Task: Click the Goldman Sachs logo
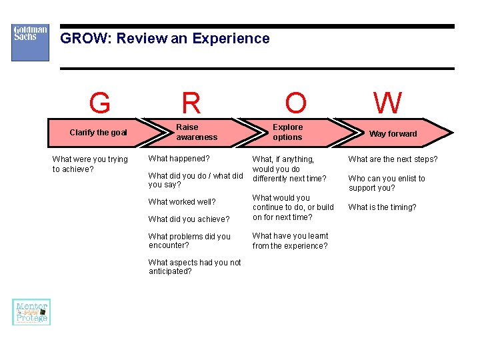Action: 30,43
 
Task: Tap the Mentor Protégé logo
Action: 31,312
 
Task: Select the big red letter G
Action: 99,104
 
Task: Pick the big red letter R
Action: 191,104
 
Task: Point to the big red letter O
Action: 295,104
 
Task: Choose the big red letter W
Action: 387,104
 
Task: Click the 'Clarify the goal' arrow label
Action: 98,133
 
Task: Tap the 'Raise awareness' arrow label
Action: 197,132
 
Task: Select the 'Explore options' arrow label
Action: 287,132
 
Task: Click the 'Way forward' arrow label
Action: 393,133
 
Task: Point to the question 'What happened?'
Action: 179,159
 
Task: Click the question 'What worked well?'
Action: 181,202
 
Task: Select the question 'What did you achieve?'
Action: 189,219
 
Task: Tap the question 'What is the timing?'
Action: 382,207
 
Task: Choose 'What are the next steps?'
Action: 393,159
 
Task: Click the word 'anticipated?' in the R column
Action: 170,271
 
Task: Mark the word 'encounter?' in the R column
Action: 169,245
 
